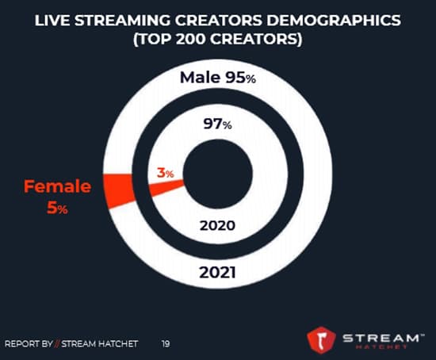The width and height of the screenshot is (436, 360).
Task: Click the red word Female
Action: coord(57,187)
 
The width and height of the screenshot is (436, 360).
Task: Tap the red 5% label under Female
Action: coord(57,209)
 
